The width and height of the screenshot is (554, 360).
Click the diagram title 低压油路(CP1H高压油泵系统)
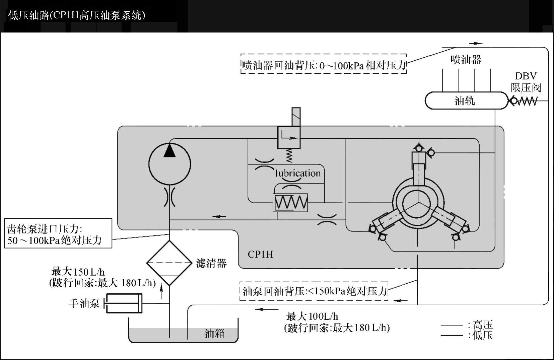point(77,16)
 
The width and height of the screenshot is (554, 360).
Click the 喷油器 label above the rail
point(466,60)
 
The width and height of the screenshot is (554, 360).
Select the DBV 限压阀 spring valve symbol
point(523,100)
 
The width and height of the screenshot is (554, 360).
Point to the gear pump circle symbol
point(169,164)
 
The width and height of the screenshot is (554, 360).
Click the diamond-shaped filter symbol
point(169,263)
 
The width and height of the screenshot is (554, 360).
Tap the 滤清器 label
point(211,263)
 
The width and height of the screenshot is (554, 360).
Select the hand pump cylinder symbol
point(124,303)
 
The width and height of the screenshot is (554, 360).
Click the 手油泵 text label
point(84,303)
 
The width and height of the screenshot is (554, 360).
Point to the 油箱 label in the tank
point(214,334)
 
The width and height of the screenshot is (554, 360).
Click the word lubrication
point(298,173)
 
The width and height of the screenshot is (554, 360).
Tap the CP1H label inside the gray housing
point(261,255)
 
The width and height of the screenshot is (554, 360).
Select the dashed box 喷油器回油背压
point(324,64)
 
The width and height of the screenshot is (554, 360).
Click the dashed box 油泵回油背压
point(314,291)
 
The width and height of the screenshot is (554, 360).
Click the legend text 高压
point(483,325)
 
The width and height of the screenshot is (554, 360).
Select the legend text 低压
point(483,335)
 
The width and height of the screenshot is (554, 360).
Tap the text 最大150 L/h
point(78,272)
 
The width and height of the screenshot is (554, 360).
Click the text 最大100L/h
point(312,316)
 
